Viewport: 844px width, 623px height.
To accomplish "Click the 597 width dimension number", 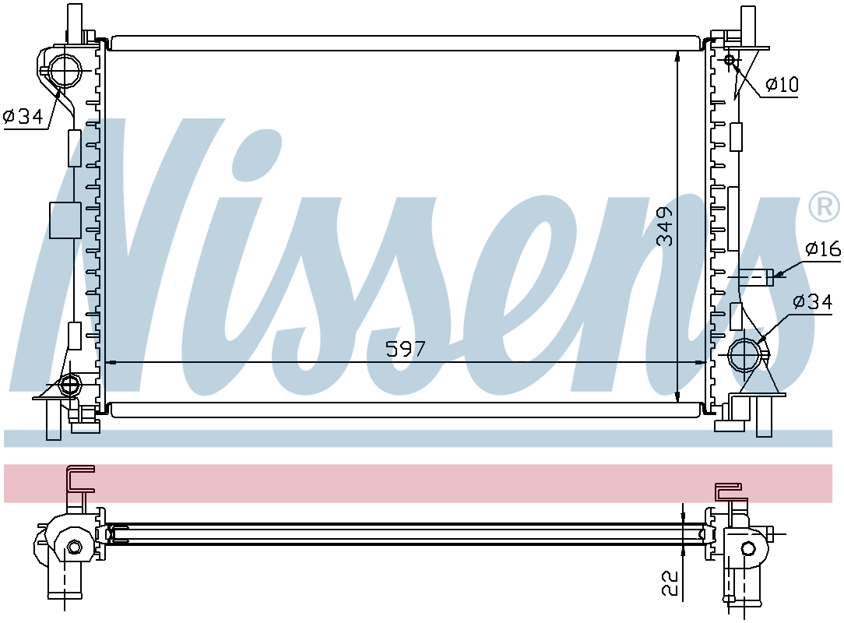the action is pos(406,350).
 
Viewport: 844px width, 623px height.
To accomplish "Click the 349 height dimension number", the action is pos(666,226).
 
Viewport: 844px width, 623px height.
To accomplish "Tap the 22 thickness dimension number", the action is pos(670,583).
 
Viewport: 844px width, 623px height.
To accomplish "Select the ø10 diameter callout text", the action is pos(782,85).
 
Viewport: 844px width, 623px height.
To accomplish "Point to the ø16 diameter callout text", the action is pos(823,248).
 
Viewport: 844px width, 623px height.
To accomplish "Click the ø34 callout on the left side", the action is pos(23,116).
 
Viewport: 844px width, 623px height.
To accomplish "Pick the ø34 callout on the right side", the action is pos(813,301).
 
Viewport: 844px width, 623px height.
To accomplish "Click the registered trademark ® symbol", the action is pos(824,206).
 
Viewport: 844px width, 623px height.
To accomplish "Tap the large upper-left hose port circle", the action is pos(65,71).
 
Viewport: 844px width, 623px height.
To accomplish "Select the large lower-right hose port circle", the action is pos(745,355).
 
